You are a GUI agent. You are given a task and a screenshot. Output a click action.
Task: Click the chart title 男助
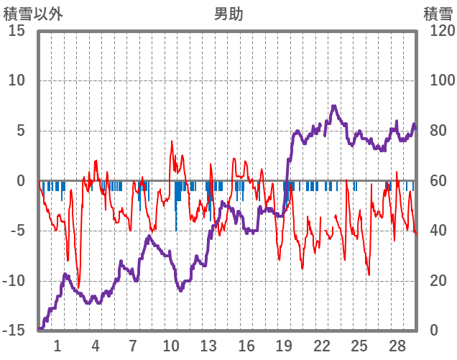[228, 14]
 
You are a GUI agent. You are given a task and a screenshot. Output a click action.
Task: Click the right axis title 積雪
[437, 14]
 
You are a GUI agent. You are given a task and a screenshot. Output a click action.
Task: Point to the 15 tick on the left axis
[17, 31]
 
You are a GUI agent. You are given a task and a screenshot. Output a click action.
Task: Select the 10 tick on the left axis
[17, 80]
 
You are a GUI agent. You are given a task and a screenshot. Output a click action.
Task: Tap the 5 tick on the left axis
[21, 131]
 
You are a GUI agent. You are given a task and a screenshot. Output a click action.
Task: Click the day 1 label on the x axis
[57, 346]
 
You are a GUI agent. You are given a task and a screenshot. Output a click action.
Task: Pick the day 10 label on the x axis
[171, 346]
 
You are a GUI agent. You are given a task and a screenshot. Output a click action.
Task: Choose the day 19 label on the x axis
[285, 346]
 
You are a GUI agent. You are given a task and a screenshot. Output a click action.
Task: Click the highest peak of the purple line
[333, 106]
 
